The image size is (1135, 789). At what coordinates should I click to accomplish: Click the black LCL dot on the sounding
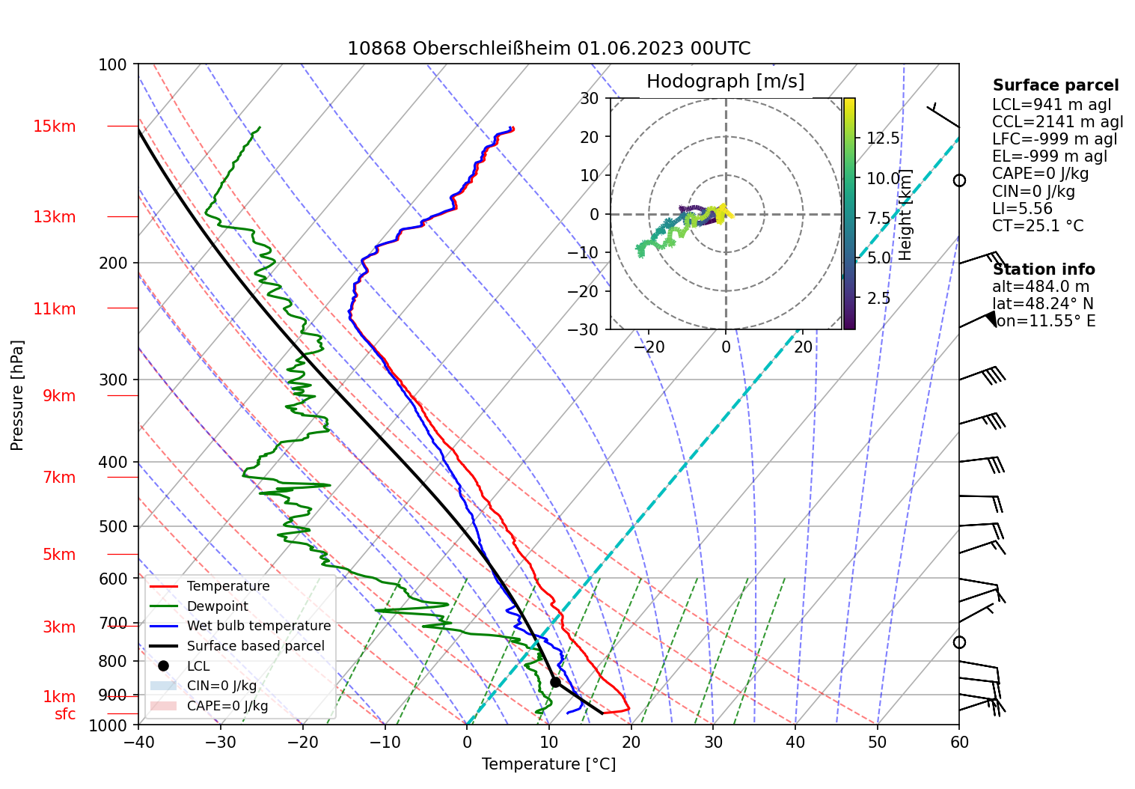pyautogui.click(x=555, y=682)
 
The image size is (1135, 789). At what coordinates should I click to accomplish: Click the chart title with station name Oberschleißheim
pyautogui.click(x=548, y=49)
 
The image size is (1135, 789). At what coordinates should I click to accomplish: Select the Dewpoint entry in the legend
pyautogui.click(x=217, y=606)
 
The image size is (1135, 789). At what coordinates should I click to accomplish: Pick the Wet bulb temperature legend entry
pyautogui.click(x=258, y=626)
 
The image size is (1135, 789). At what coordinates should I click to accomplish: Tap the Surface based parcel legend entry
pyautogui.click(x=255, y=646)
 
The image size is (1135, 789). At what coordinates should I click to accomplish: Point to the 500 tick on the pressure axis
pyautogui.click(x=113, y=526)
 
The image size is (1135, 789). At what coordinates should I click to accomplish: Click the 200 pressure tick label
pyautogui.click(x=113, y=263)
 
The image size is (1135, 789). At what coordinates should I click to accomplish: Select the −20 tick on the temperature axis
pyautogui.click(x=302, y=743)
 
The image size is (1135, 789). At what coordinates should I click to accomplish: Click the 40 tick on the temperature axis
pyautogui.click(x=795, y=743)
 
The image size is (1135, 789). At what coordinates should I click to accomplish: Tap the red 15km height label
pyautogui.click(x=54, y=127)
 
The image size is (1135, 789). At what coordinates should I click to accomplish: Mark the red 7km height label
pyautogui.click(x=59, y=478)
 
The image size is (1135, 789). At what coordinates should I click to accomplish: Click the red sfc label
pyautogui.click(x=65, y=714)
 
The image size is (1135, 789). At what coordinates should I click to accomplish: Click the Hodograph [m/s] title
pyautogui.click(x=725, y=82)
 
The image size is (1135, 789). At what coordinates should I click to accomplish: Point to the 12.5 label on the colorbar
pyautogui.click(x=883, y=138)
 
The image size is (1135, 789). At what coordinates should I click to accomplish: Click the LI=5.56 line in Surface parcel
pyautogui.click(x=1022, y=209)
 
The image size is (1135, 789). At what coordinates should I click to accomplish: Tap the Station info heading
pyautogui.click(x=1044, y=269)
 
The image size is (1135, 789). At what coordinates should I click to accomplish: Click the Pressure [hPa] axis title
pyautogui.click(x=17, y=395)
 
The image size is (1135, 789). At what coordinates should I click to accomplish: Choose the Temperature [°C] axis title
pyautogui.click(x=548, y=764)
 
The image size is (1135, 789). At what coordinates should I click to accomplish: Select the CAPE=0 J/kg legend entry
pyautogui.click(x=227, y=706)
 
